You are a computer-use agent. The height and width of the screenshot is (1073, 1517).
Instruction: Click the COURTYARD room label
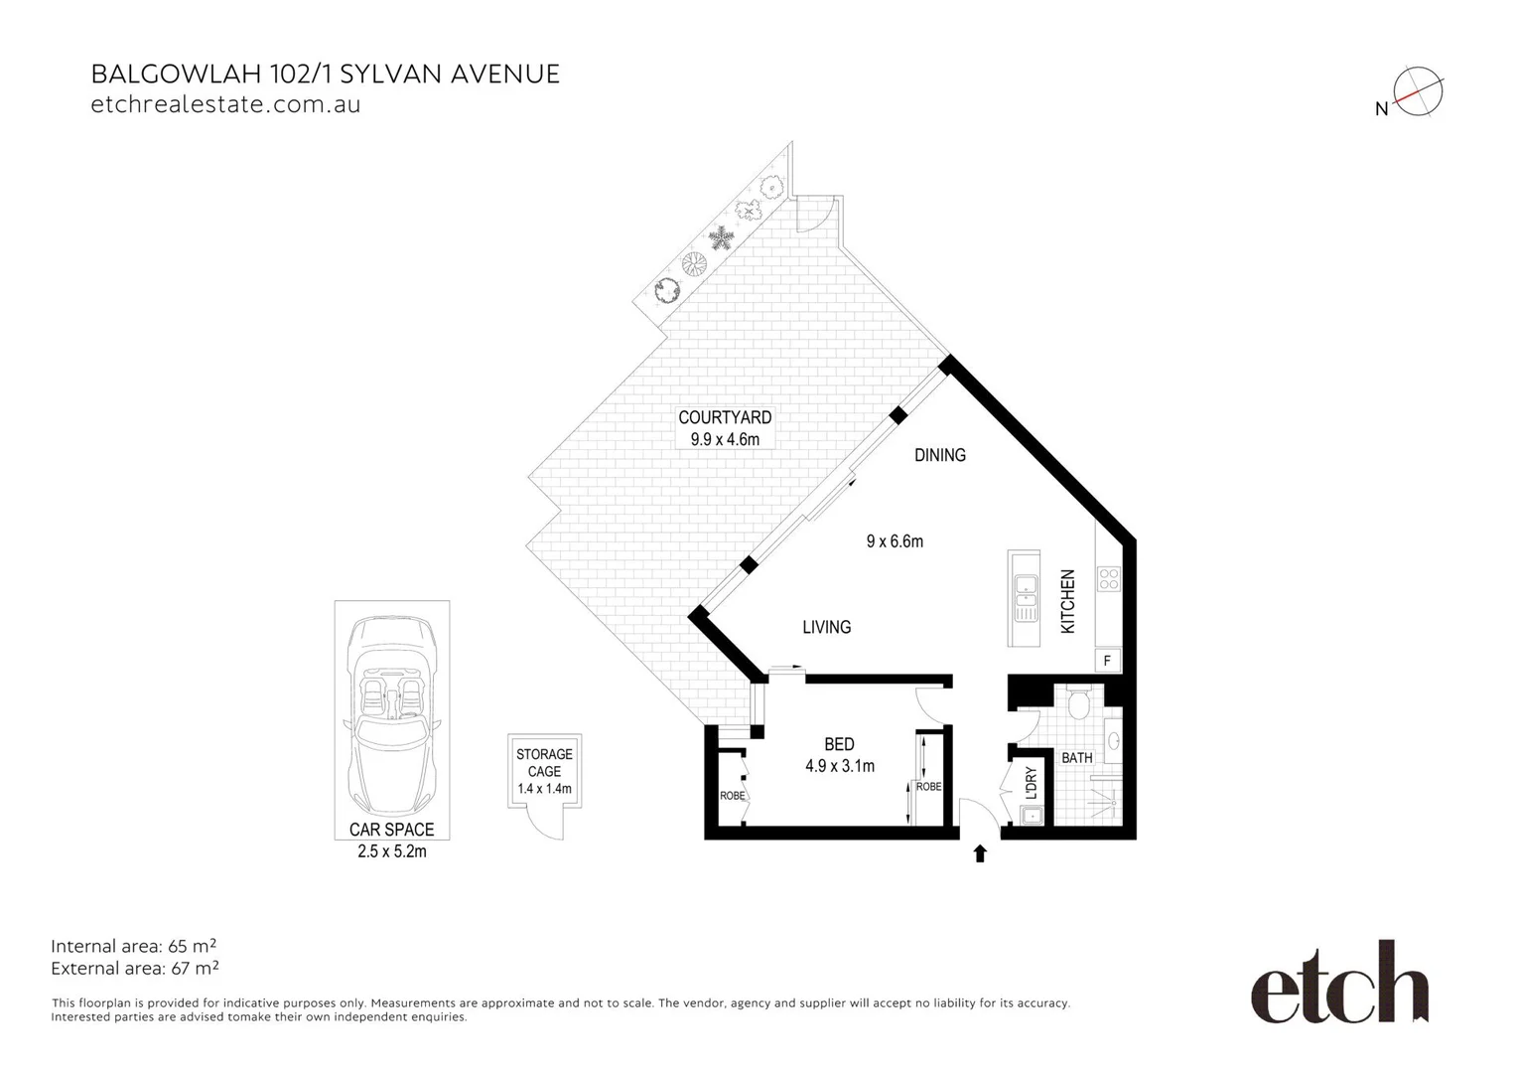coord(725,418)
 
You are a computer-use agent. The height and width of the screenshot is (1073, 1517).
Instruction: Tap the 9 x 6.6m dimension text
coord(895,541)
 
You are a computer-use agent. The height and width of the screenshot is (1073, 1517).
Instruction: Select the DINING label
coord(939,455)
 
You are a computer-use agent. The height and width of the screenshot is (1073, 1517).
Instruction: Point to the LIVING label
coord(826,627)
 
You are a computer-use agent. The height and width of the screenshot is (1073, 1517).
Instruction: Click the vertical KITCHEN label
coord(1068,601)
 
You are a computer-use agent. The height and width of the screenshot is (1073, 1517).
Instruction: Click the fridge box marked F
coord(1107,660)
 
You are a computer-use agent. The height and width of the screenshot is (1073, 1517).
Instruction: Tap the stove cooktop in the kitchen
coord(1108,578)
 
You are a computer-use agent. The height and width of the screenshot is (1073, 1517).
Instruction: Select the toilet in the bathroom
coord(1079,704)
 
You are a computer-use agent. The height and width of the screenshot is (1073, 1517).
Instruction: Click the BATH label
coord(1076,758)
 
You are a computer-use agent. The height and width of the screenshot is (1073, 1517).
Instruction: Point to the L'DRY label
coord(1031,783)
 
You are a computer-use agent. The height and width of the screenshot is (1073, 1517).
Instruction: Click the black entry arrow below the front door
coord(980,853)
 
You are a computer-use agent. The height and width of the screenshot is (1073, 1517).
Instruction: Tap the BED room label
coord(839,744)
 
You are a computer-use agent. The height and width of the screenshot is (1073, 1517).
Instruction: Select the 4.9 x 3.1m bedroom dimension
coord(839,766)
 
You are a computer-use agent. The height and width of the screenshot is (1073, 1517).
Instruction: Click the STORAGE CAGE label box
coord(544,771)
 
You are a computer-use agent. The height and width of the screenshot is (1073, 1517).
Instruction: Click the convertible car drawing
coord(392,712)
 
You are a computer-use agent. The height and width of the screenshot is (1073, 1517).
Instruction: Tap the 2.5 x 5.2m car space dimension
coord(392,851)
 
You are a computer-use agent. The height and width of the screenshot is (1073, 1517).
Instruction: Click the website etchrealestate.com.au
coord(225,104)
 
